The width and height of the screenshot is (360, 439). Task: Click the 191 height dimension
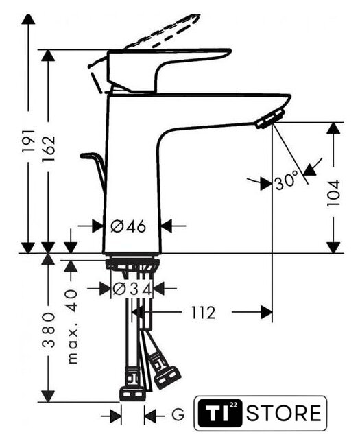29,141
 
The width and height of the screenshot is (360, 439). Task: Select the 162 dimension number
49,149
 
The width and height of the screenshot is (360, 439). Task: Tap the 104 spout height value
334,193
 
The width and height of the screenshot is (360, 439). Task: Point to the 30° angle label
287,180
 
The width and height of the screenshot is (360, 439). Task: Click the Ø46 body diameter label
128,226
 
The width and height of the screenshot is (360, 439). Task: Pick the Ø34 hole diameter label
132,289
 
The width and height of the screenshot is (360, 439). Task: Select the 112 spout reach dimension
204,313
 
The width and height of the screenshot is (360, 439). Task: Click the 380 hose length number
49,331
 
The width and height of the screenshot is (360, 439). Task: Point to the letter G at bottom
178,414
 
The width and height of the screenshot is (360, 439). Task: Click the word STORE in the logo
284,413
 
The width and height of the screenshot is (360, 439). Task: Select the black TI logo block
221,413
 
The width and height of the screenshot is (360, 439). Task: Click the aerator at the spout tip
270,119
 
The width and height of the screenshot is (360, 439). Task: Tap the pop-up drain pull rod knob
88,156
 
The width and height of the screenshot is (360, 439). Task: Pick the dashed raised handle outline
144,40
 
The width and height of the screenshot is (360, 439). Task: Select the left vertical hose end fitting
132,385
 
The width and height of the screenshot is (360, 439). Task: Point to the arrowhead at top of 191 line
28,19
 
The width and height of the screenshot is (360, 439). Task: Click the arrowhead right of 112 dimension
266,312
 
